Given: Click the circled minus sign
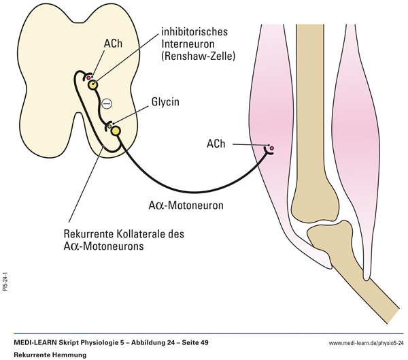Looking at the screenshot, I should [107, 103].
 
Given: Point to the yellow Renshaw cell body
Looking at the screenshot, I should [93, 84].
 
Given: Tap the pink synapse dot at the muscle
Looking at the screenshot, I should [271, 148].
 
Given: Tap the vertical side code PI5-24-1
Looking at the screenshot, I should [5, 281].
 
